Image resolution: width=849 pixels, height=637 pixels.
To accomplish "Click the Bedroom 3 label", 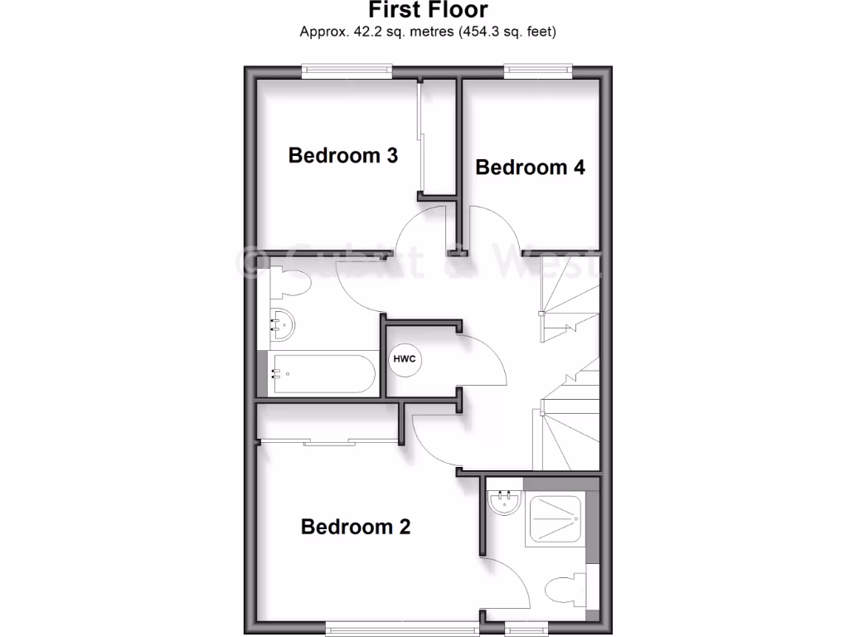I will pyautogui.click(x=342, y=155).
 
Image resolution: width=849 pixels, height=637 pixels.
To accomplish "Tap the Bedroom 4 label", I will pyautogui.click(x=530, y=168).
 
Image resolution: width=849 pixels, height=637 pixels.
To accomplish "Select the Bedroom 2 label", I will pyautogui.click(x=356, y=527).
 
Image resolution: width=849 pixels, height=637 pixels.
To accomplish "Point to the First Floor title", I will pyautogui.click(x=428, y=11).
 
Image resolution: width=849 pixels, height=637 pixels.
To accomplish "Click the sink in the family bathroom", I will pyautogui.click(x=283, y=324).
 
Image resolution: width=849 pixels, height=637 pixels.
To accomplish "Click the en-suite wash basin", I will pyautogui.click(x=504, y=502).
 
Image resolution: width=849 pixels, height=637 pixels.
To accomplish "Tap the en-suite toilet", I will pyautogui.click(x=566, y=591).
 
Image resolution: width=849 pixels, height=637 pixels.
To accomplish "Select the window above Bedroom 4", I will pyautogui.click(x=539, y=71).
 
